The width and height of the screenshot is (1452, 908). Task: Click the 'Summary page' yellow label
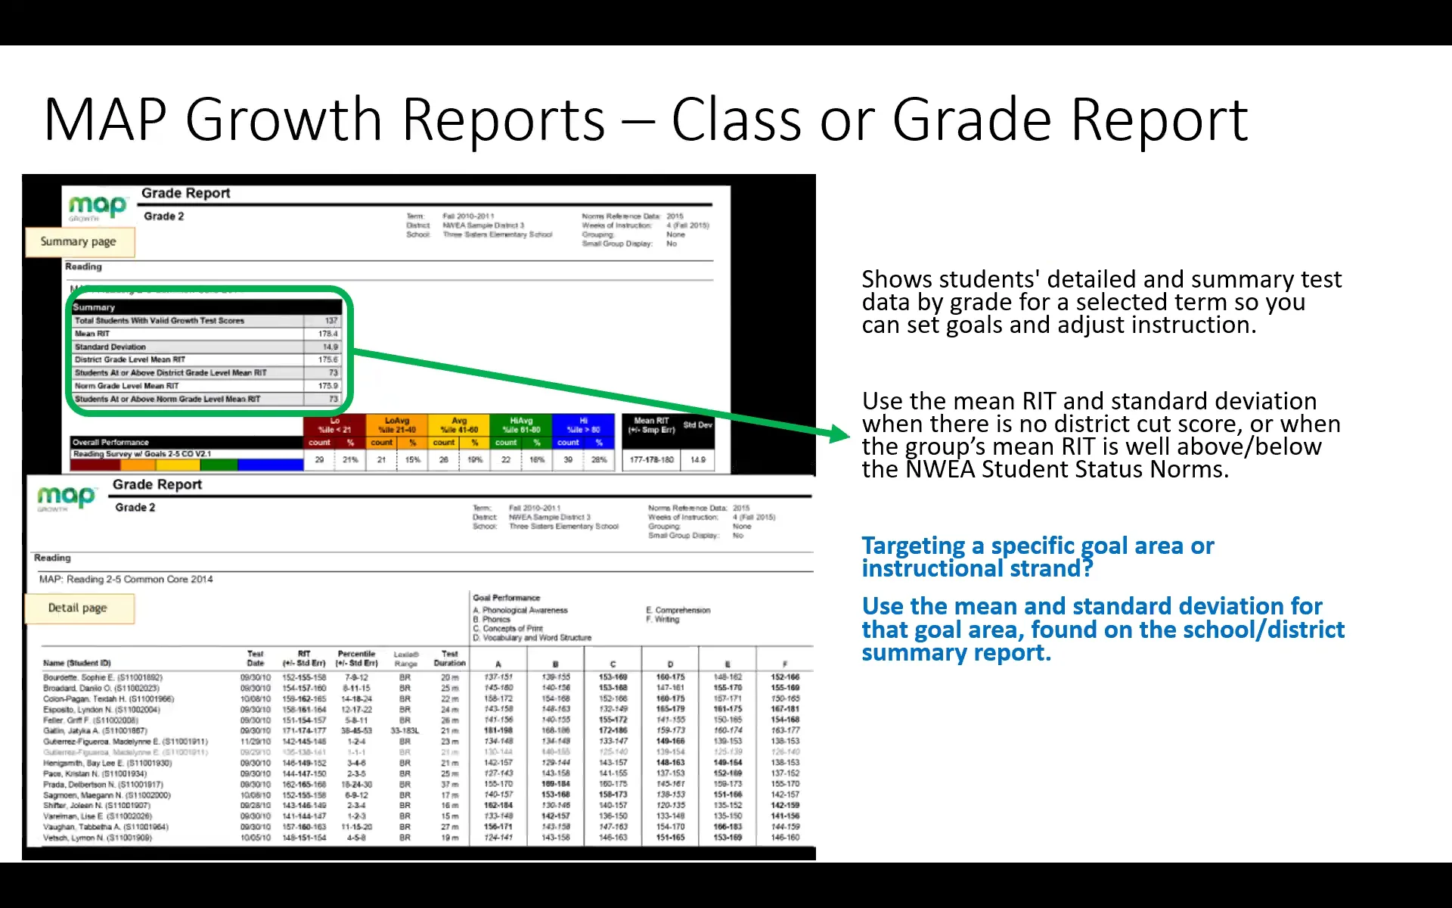click(x=79, y=242)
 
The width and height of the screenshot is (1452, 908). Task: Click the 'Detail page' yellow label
click(x=78, y=608)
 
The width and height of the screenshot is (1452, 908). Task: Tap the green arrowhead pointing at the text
click(x=840, y=434)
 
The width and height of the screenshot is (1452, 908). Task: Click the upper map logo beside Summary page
click(x=98, y=207)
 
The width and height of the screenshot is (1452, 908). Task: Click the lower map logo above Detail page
click(x=67, y=497)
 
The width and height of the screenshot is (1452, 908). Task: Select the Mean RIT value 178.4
click(x=327, y=334)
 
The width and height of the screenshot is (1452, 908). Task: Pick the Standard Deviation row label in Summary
click(x=110, y=347)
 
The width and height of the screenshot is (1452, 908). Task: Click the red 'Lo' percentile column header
click(x=334, y=424)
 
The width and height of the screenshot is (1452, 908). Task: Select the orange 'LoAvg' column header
click(x=396, y=424)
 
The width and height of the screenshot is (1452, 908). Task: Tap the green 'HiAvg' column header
click(x=521, y=424)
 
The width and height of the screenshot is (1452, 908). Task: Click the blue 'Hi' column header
click(x=583, y=424)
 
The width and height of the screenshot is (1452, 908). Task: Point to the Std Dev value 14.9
click(x=697, y=459)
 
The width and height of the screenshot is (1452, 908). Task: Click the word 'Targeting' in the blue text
click(x=914, y=546)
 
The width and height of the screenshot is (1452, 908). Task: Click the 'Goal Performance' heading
click(x=506, y=598)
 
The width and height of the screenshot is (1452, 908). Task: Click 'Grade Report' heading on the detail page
click(x=157, y=485)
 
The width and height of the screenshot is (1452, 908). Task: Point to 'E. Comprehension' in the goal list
click(x=678, y=610)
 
